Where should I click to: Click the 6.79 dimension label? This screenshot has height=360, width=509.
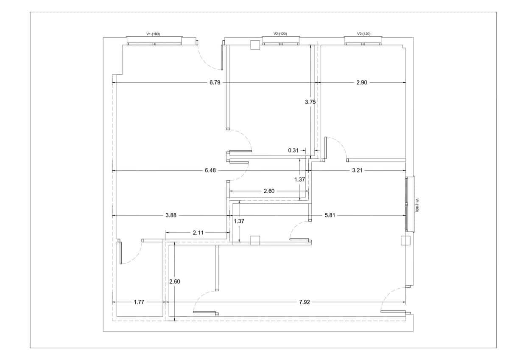pos(215,82)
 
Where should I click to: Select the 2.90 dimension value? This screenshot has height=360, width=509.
pos(361,82)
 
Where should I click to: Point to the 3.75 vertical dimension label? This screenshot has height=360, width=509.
pos(310,102)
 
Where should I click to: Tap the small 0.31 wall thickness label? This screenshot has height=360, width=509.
pos(294,150)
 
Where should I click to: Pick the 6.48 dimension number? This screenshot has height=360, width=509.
pos(210,170)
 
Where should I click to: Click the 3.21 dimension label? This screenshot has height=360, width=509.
pos(357,170)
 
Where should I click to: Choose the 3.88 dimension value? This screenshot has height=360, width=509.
pos(171,215)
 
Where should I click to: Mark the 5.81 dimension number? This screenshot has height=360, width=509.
pos(330,215)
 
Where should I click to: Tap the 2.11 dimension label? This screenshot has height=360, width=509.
pos(198,233)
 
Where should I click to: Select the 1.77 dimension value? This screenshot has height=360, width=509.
pos(139,302)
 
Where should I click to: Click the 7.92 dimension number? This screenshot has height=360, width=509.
pos(305,302)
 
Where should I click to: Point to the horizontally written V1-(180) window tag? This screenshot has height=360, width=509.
pos(153,34)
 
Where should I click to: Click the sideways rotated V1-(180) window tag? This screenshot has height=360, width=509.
pos(417,205)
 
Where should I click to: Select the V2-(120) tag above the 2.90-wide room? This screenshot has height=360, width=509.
pos(364,34)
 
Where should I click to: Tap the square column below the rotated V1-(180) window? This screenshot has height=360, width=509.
pos(406,240)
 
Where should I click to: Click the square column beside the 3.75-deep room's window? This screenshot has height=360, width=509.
pos(255,45)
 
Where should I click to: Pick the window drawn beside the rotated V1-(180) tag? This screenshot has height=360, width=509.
pos(410,204)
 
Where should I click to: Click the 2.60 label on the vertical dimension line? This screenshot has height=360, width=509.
pos(174,281)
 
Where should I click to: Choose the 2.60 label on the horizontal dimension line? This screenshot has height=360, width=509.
pos(269,191)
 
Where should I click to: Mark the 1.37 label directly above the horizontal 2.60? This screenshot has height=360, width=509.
pos(299,180)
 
